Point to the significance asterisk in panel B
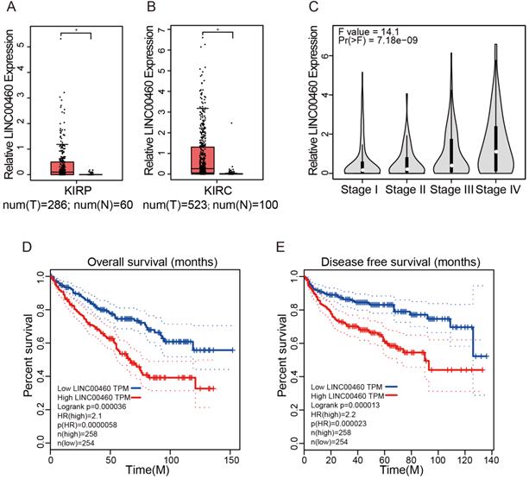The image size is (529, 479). click(218, 31)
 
